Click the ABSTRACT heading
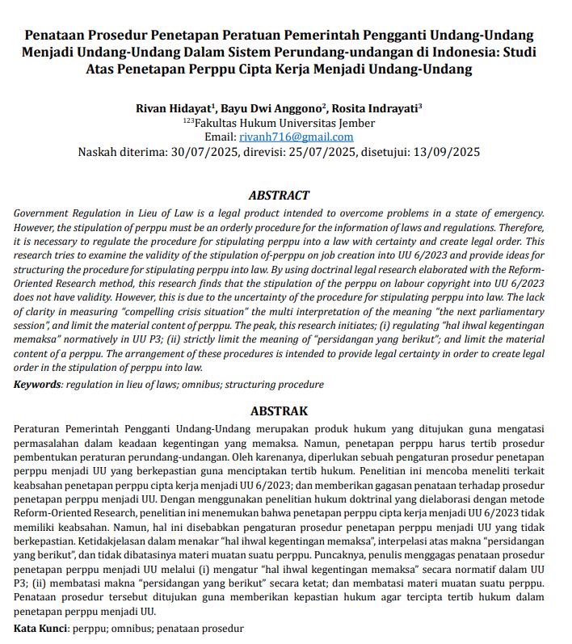[x=279, y=196]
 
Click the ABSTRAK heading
[x=279, y=411]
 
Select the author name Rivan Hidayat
[x=173, y=108]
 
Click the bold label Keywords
[x=37, y=385]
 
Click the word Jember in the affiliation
[x=355, y=123]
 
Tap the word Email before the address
[x=220, y=137]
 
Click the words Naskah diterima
[x=122, y=151]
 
